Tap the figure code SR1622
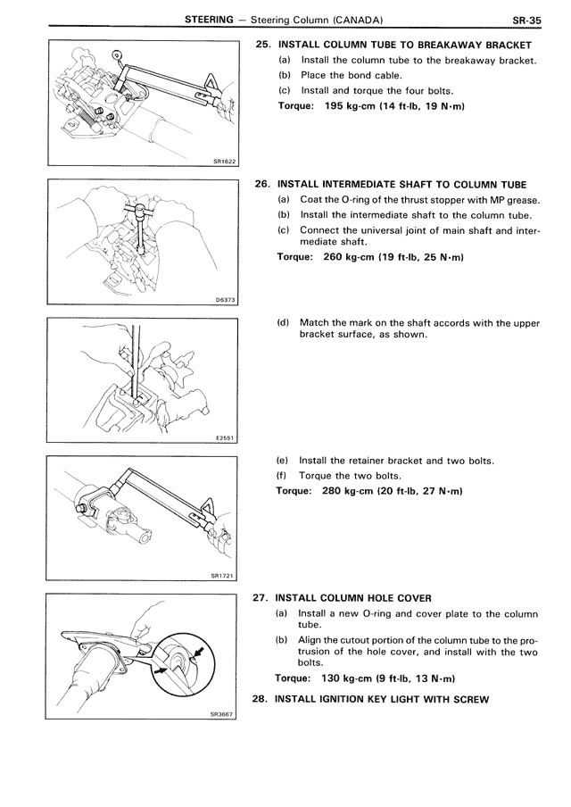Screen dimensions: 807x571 223,162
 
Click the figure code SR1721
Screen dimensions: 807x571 223,576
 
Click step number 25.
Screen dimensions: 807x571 262,46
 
